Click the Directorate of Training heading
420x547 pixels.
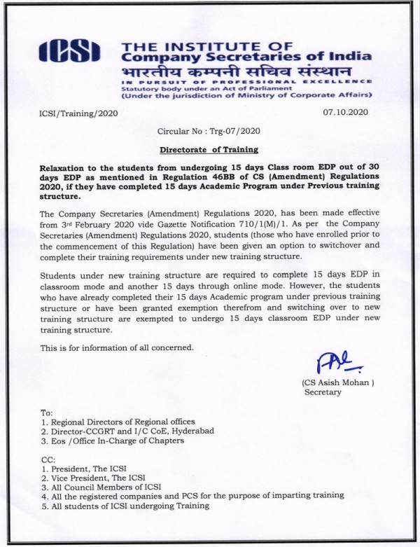[209, 149]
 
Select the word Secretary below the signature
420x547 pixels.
[323, 392]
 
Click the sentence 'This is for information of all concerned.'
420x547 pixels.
[116, 348]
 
